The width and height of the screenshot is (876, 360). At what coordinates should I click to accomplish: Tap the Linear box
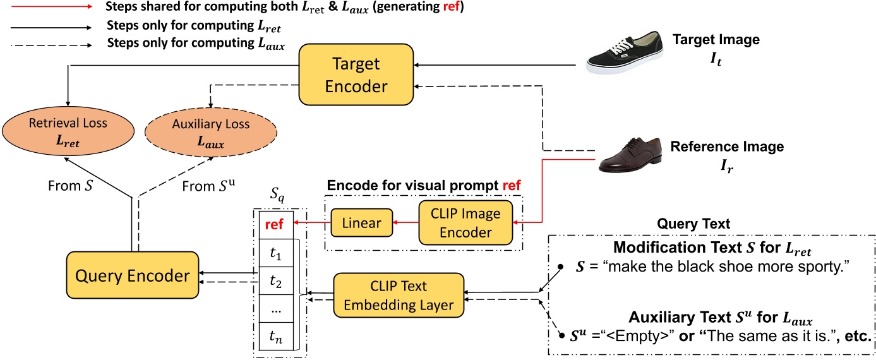(361, 222)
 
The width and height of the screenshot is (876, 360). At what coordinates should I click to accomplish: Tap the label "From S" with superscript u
(205, 186)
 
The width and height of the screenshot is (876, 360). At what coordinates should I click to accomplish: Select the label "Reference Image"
(726, 147)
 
